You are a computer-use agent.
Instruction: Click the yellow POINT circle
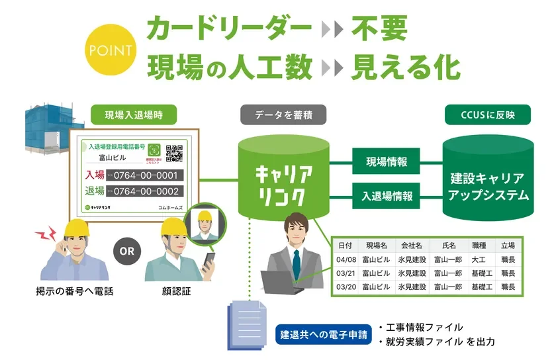click(110, 50)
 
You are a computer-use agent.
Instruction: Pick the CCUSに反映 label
click(488, 114)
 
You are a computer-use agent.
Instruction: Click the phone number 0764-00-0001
click(146, 175)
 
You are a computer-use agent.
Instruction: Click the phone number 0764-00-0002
click(146, 191)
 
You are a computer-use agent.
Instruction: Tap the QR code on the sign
click(174, 153)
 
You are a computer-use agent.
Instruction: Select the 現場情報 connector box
click(387, 161)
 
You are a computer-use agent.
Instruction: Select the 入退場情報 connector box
click(387, 197)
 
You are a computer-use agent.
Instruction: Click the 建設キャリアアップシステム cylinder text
click(488, 187)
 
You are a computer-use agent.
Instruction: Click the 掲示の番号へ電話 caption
click(75, 291)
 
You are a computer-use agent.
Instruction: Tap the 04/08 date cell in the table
click(346, 259)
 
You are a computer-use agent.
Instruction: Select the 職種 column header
click(478, 245)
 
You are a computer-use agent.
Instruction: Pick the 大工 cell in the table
click(478, 259)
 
